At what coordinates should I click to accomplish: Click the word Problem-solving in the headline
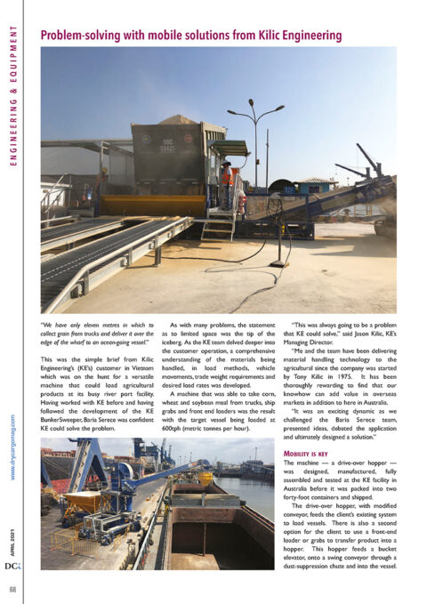pos(81,35)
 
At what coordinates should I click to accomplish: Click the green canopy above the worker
pos(230,148)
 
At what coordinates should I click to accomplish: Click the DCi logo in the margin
pos(13,565)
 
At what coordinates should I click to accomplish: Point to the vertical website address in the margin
pos(12,446)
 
